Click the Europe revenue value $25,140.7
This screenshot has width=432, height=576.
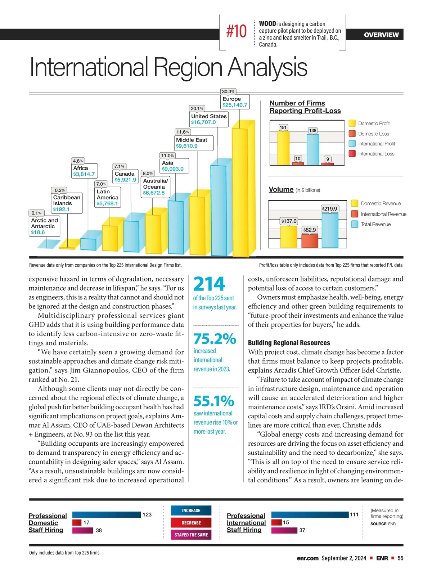(235, 105)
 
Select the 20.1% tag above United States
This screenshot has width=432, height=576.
(197, 108)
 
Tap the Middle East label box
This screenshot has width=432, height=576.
(194, 143)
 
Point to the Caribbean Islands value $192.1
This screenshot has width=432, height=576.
(61, 209)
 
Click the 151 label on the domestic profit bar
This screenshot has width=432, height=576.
(283, 127)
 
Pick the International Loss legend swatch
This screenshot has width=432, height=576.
(352, 154)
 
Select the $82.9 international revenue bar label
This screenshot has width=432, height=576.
(310, 230)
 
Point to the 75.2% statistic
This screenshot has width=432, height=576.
(215, 339)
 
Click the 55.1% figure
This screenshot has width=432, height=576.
(214, 401)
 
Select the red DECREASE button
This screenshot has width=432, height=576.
(191, 523)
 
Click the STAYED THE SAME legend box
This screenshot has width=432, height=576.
(191, 535)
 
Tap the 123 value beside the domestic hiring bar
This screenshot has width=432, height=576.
(147, 514)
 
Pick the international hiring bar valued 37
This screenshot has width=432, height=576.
(284, 530)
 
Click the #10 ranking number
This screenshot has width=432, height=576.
(237, 31)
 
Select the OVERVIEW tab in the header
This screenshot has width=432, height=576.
(381, 35)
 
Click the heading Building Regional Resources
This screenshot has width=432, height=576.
(289, 343)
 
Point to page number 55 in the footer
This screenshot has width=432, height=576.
(400, 558)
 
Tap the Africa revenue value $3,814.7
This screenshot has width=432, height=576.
(84, 174)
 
